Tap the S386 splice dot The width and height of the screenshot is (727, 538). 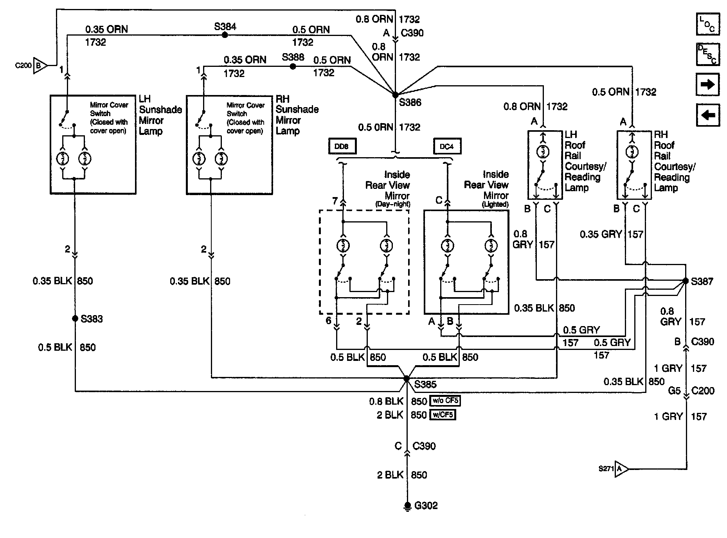pyautogui.click(x=395, y=95)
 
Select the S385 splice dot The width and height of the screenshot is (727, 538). pyautogui.click(x=407, y=378)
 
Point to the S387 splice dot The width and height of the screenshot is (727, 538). pyautogui.click(x=685, y=281)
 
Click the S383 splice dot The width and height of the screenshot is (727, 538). pyautogui.click(x=75, y=319)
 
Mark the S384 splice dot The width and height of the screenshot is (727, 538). pyautogui.click(x=225, y=35)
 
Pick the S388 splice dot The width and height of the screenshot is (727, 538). pyautogui.click(x=293, y=67)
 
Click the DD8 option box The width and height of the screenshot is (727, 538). pyautogui.click(x=342, y=147)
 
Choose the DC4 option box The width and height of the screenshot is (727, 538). pyautogui.click(x=447, y=147)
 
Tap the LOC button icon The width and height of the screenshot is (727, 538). pyautogui.click(x=707, y=24)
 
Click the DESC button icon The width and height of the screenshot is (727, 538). pyautogui.click(x=707, y=54)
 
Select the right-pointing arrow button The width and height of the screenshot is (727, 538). pyautogui.click(x=707, y=84)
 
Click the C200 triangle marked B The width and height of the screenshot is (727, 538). pyautogui.click(x=39, y=66)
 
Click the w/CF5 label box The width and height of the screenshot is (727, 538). pyautogui.click(x=443, y=414)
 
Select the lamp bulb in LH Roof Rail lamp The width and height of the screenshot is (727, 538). pyautogui.click(x=543, y=152)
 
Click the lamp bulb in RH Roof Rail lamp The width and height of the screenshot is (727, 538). pyautogui.click(x=632, y=152)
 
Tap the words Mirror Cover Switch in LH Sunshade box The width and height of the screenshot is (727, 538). pyautogui.click(x=109, y=109)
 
